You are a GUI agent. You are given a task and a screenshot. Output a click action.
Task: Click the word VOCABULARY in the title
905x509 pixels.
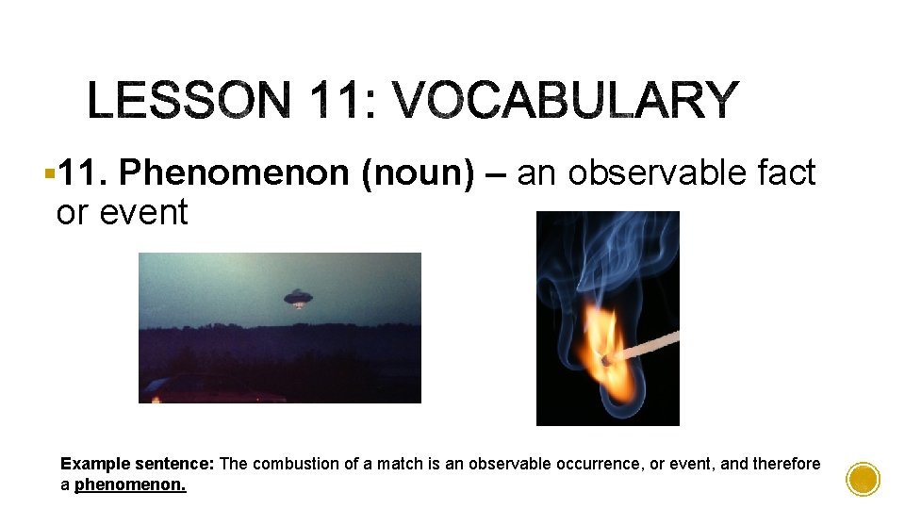565,101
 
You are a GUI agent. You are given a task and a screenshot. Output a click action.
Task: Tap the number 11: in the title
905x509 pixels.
337,101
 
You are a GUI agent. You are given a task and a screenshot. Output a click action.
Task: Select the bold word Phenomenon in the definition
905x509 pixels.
235,173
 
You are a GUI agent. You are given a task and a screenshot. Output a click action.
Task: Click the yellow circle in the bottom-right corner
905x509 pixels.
863,480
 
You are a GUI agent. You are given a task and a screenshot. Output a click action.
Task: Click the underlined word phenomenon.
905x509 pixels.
130,486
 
